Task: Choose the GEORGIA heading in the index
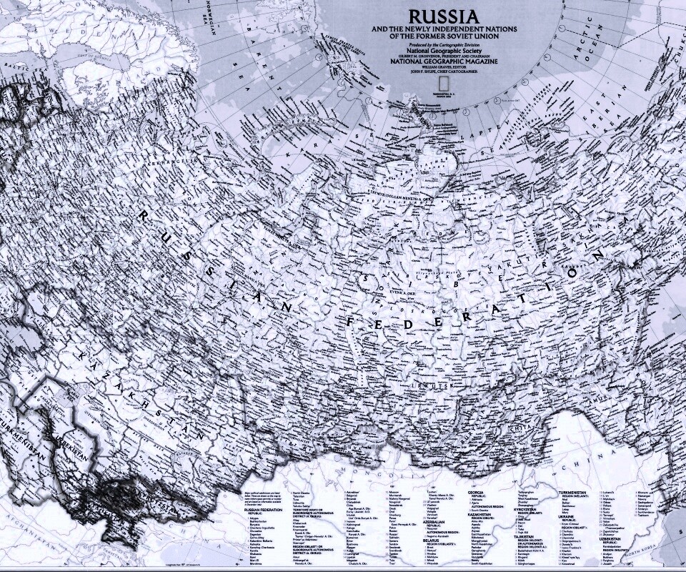tap(479, 493)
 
